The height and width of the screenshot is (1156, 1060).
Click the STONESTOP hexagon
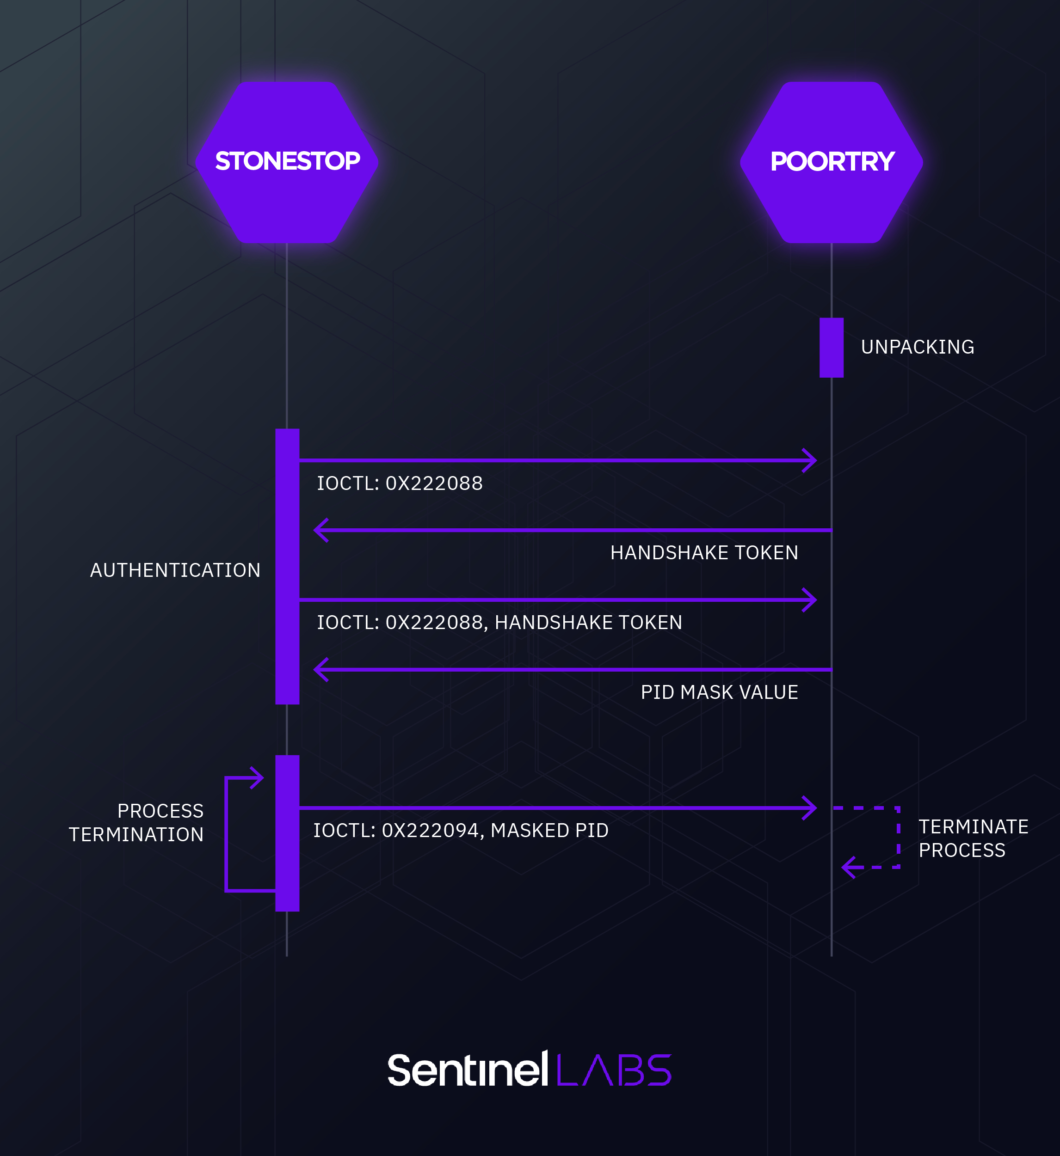click(287, 162)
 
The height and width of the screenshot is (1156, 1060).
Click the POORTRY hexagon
click(831, 162)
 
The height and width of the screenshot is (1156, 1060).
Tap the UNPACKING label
click(917, 348)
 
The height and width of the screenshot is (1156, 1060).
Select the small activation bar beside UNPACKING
click(831, 348)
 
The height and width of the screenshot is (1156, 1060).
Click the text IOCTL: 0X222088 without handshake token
click(400, 483)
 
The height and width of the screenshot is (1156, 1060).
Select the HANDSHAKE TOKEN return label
click(704, 553)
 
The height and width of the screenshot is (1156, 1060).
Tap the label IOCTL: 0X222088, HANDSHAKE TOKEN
click(499, 623)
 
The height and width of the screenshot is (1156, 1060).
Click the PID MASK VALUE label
click(719, 693)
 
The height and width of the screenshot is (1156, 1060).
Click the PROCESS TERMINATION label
click(136, 823)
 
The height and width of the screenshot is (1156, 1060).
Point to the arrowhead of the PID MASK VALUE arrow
click(320, 670)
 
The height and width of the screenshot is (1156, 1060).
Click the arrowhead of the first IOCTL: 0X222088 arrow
click(810, 460)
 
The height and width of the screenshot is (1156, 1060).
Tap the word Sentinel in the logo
click(468, 1070)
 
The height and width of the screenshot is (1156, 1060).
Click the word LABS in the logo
click(614, 1070)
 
